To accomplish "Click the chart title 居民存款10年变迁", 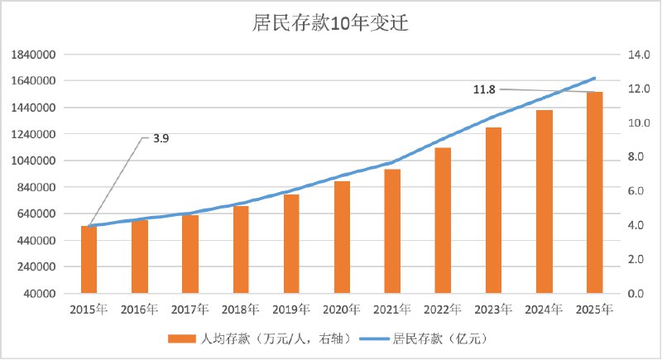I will [331, 23].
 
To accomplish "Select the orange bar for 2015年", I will [89, 259].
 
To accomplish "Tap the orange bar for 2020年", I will [342, 237].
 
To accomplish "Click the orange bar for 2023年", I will [493, 210].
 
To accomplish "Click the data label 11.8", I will [484, 89].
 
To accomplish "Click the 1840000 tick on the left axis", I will [34, 55].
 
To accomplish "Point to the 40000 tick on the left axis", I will [39, 294].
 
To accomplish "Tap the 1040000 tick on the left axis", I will [34, 161].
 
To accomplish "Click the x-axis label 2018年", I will [240, 310].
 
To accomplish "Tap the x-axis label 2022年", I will [443, 310].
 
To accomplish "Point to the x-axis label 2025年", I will [594, 310].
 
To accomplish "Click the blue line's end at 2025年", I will [594, 79].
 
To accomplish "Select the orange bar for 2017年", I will [190, 254].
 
